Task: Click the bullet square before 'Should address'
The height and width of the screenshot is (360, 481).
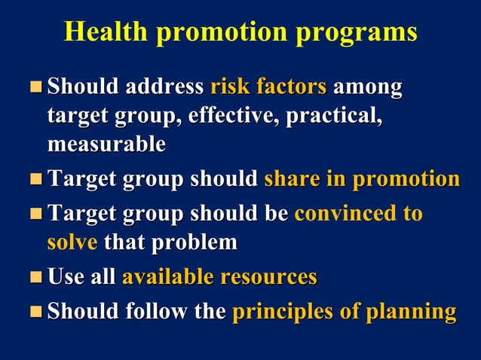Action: (x=35, y=87)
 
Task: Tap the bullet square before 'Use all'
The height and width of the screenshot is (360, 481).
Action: (x=35, y=277)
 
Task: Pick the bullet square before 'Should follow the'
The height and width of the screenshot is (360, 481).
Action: (x=35, y=312)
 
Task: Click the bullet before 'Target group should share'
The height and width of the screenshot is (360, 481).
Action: (x=35, y=180)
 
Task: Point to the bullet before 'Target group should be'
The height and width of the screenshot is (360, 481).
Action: (x=35, y=214)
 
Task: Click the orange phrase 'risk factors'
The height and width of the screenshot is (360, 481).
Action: (x=268, y=87)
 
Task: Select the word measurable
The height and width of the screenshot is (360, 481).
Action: (x=106, y=143)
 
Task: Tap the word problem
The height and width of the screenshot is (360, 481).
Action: (x=194, y=243)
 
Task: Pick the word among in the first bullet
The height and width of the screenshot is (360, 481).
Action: (x=368, y=87)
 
